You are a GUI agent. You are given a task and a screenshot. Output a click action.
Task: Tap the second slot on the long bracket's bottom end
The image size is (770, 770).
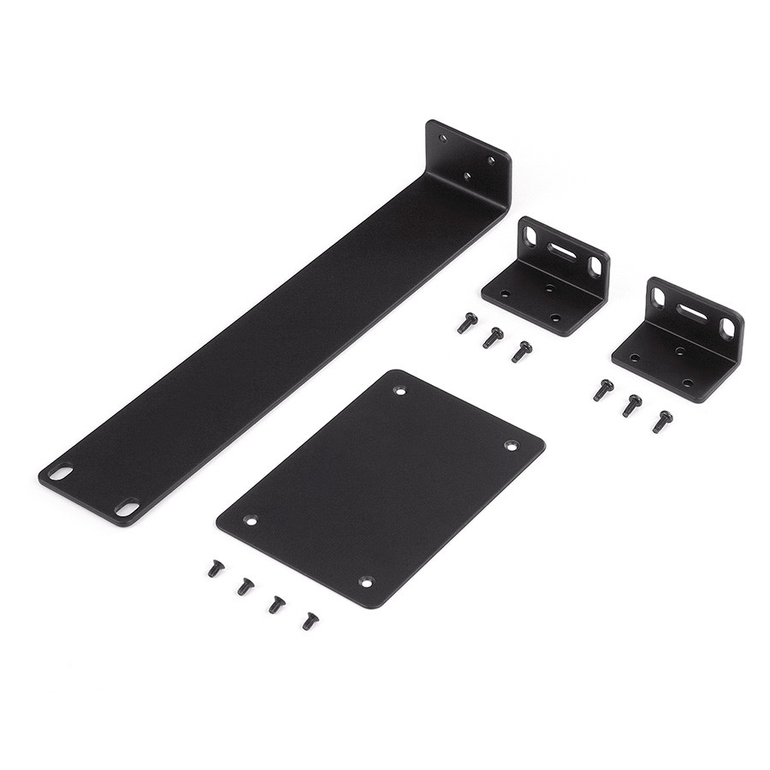tap(127, 507)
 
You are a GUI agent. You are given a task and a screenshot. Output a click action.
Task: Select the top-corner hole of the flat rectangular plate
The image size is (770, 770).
tap(400, 390)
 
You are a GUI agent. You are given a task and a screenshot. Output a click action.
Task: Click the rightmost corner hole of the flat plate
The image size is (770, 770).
tap(511, 445)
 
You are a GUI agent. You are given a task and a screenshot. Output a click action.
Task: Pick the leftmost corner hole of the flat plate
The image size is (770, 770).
tap(250, 519)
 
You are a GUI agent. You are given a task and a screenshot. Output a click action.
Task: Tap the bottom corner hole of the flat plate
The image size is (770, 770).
tap(366, 581)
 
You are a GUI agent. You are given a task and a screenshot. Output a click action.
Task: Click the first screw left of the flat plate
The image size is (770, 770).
tap(216, 568)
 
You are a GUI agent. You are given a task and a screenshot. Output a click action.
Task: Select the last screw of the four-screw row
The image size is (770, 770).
tap(310, 620)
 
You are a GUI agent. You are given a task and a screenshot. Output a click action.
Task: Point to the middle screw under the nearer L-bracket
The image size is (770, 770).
tap(492, 338)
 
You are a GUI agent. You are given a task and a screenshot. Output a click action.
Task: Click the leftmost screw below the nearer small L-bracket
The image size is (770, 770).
tap(466, 323)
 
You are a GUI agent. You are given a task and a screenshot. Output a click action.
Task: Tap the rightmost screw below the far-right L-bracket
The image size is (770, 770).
tap(661, 422)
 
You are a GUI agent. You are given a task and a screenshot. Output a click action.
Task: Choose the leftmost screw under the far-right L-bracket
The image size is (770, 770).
tap(603, 390)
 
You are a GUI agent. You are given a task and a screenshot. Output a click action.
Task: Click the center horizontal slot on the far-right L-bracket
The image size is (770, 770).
tap(692, 311)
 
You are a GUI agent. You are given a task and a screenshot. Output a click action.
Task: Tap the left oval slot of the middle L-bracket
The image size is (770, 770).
tap(530, 234)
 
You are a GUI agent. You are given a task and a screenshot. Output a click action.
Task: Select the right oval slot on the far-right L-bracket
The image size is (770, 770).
tap(726, 329)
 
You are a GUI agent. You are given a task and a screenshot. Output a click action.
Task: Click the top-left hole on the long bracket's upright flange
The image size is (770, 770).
tap(442, 137)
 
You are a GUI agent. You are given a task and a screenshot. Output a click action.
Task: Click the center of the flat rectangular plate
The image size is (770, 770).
tap(381, 488)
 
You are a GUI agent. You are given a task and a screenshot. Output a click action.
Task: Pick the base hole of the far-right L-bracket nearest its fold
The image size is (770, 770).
tap(680, 351)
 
